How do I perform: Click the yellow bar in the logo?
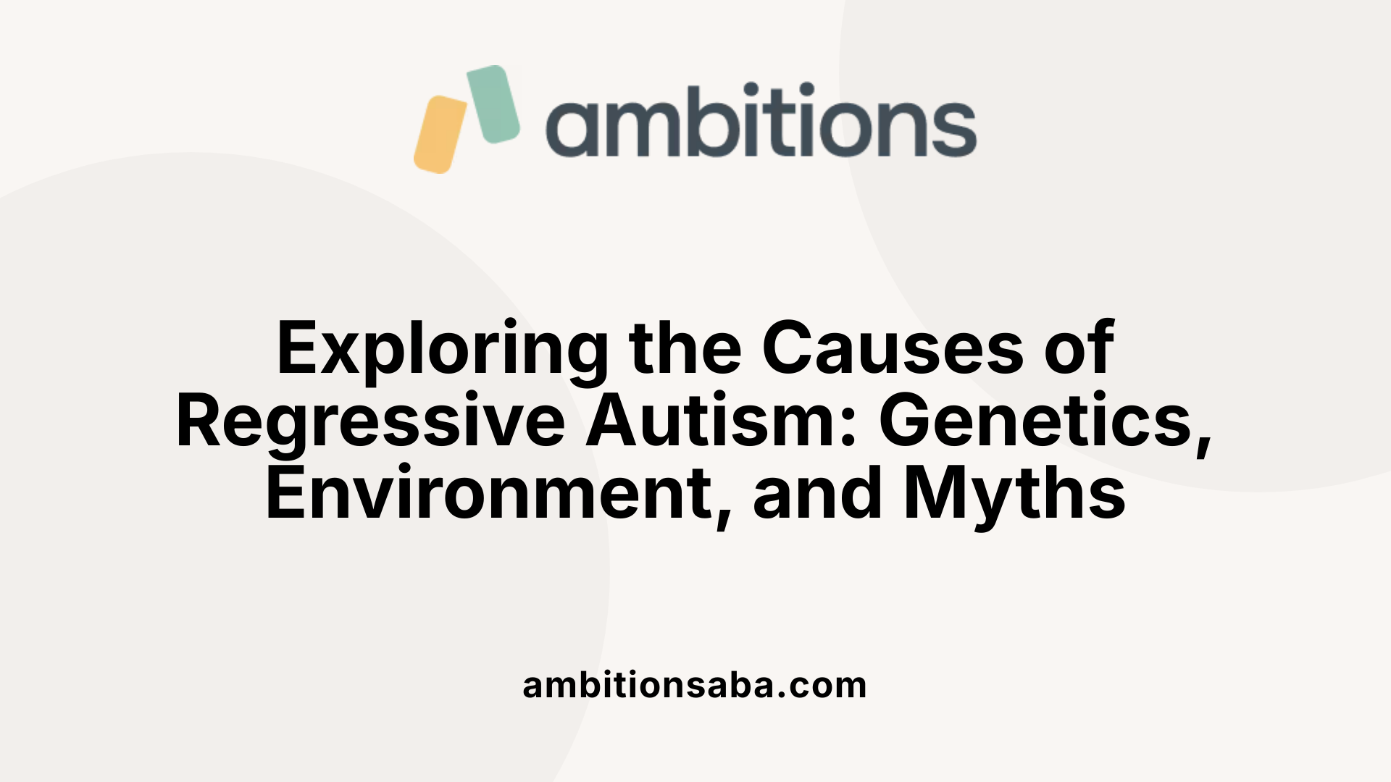440,135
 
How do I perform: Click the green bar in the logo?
493,104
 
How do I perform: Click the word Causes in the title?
893,349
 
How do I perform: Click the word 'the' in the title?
685,349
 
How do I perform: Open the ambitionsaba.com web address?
694,685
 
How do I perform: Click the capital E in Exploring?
297,349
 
